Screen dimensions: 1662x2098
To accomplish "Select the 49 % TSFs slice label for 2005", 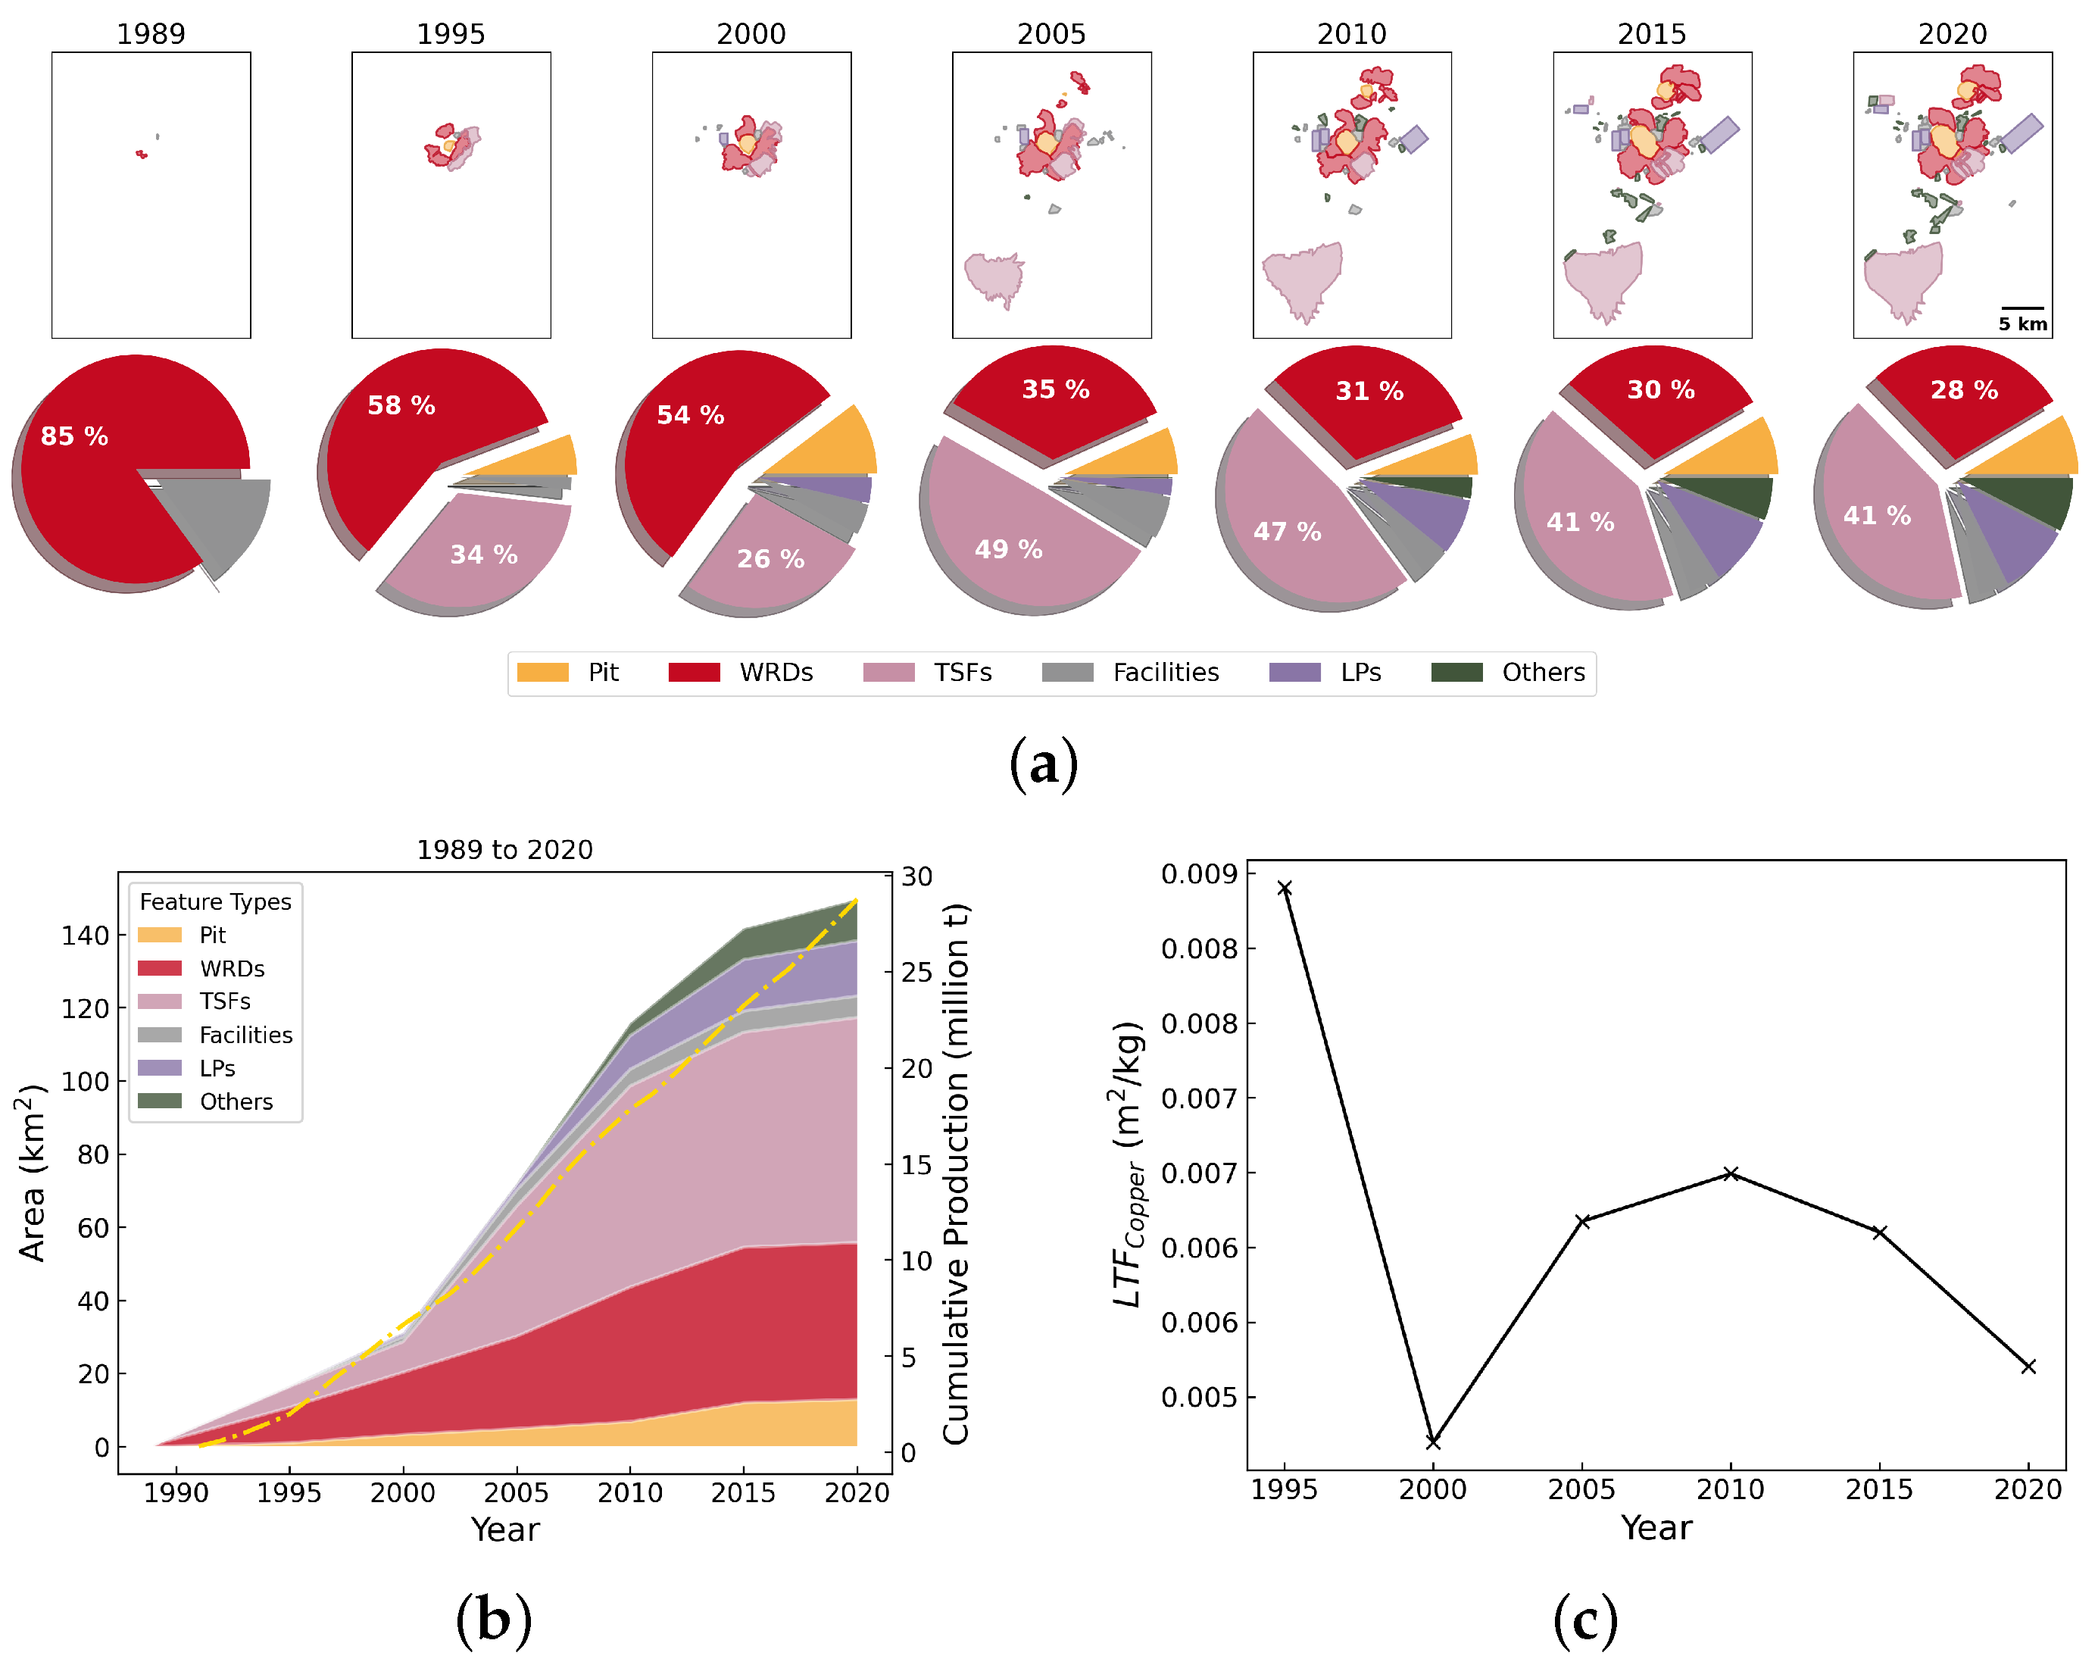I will (1009, 550).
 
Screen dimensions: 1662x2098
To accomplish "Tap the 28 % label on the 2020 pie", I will (1964, 390).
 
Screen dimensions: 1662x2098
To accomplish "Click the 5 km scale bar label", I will (2022, 324).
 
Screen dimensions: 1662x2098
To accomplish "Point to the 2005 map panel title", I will (1051, 34).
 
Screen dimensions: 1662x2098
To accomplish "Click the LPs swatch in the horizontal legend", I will (1294, 673).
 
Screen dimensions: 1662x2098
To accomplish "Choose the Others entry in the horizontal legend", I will (1543, 673).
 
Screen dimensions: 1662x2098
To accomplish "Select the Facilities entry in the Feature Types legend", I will (245, 1036).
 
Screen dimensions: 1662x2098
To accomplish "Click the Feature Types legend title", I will (215, 902).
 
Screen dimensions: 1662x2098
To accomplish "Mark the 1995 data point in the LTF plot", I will (1284, 889).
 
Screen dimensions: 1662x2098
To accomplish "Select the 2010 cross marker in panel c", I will (1731, 1173).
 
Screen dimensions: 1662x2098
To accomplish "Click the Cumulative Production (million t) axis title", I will (955, 1173).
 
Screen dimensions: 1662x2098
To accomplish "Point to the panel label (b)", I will (493, 1619).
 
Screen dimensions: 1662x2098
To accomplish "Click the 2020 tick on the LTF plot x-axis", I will (2028, 1490).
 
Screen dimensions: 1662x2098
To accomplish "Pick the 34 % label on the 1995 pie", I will (483, 555).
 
